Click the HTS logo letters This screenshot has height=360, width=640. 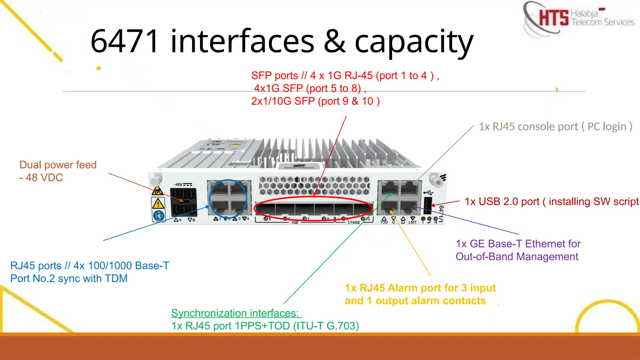pos(553,17)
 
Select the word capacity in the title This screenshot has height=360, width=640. pos(414,42)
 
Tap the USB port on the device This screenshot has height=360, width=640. pos(428,205)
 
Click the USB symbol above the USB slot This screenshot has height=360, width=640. pos(428,192)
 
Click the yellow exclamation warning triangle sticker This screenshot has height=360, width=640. pos(158,204)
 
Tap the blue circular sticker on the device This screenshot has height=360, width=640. pos(159,216)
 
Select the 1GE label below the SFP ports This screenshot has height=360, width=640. pos(295,222)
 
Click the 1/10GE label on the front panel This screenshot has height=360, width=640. pos(353,222)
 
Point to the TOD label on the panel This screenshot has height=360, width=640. pos(384,222)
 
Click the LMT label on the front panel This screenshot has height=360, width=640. pos(412,222)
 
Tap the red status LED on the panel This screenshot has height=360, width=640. pos(423,219)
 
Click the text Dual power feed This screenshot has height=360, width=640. pos(58,165)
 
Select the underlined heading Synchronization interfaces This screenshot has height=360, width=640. pos(235,313)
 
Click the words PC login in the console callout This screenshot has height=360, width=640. pos(607,127)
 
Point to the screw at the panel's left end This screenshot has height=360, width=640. pos(155,181)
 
